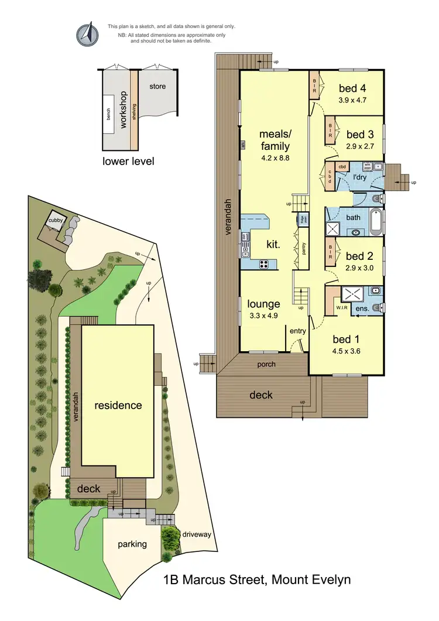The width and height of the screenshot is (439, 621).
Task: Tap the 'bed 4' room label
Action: tap(352, 89)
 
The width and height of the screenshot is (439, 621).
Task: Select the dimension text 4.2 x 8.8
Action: tap(275, 157)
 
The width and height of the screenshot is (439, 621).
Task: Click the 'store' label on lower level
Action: tap(157, 87)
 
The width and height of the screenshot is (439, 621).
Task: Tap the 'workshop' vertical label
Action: tap(124, 109)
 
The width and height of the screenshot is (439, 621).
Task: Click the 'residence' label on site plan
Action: tap(118, 405)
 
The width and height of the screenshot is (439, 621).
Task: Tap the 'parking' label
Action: tap(132, 544)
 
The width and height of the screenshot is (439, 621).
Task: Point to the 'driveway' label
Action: tap(196, 534)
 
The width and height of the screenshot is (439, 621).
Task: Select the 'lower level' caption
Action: tap(128, 160)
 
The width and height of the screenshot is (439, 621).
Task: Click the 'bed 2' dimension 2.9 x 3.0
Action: tap(359, 269)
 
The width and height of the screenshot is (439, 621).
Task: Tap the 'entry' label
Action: tap(298, 331)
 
